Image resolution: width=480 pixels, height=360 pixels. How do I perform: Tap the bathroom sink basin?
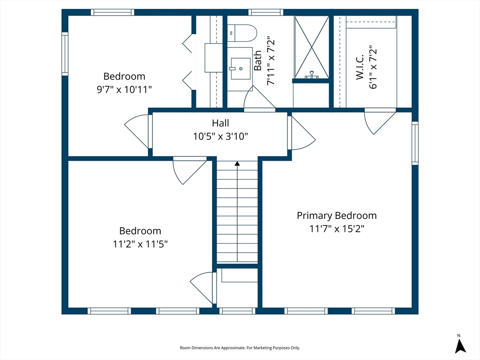coord(240,68)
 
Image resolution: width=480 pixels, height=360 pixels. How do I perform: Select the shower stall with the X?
coord(312,47)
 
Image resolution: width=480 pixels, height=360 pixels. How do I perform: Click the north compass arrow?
coord(460,345)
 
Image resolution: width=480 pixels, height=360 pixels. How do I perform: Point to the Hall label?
coord(220,123)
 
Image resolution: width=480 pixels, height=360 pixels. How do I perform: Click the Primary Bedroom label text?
coord(337,216)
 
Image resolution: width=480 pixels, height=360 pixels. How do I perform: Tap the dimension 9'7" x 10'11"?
coord(124,90)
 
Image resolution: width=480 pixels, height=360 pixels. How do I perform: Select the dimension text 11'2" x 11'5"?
coord(140,244)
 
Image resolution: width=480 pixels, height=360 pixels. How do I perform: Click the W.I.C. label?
coord(360,67)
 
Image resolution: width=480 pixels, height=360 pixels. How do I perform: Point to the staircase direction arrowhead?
coord(237,164)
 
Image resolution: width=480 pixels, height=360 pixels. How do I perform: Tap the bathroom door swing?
coord(259,97)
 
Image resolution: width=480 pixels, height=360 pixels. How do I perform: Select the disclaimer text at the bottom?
coord(240,348)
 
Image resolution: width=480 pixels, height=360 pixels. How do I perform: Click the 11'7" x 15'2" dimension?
coord(337,229)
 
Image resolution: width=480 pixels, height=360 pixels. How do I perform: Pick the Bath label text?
coord(258,60)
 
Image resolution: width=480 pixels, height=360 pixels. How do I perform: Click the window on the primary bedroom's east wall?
coord(415,143)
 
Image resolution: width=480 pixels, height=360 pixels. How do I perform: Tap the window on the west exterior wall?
coord(65,53)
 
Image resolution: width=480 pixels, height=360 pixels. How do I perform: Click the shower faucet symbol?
coord(312,75)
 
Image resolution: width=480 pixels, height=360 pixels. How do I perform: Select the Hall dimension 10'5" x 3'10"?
coord(220,136)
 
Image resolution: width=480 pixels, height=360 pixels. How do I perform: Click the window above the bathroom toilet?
coord(266,12)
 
